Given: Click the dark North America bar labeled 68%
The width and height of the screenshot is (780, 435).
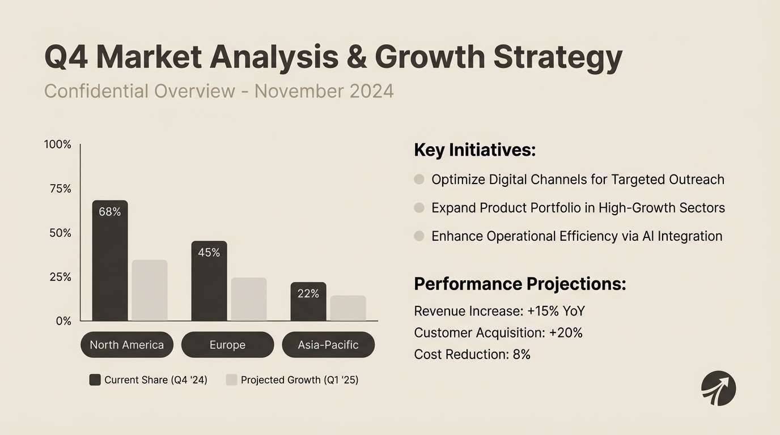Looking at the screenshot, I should [110, 266].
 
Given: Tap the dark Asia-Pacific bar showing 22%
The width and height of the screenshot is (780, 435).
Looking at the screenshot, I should [308, 306].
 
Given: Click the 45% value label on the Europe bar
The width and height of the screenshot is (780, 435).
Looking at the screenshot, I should [209, 253].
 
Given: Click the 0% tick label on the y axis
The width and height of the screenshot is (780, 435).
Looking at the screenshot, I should [63, 321].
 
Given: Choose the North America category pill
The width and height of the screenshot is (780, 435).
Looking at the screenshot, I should [126, 345].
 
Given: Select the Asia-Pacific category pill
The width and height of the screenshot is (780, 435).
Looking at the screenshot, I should [328, 345].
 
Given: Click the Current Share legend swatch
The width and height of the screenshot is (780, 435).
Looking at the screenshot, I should [95, 380].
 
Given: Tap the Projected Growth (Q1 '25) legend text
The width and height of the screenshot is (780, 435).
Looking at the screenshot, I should [299, 380].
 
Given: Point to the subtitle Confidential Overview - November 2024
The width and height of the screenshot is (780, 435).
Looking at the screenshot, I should [219, 91].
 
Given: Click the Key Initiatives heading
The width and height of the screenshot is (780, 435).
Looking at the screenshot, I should [474, 150].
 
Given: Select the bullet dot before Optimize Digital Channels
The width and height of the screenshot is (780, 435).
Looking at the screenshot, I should [419, 180].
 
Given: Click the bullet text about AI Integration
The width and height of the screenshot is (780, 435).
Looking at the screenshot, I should [576, 236].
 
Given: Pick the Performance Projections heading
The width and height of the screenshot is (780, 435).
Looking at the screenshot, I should [520, 284].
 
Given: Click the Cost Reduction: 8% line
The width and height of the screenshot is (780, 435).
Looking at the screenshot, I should [472, 355].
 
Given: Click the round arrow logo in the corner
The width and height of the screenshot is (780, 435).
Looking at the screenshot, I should [718, 389].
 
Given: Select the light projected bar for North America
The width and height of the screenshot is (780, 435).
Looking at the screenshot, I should [150, 291].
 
